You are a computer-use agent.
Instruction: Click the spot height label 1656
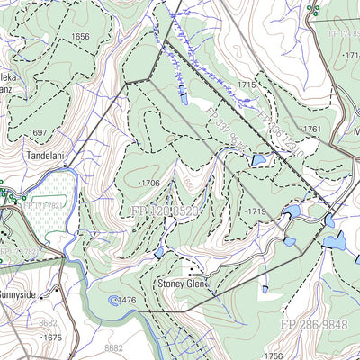[x=80, y=37]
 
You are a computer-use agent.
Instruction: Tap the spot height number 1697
[x=37, y=132]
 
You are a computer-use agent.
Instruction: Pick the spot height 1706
[x=149, y=183]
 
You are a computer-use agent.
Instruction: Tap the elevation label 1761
[x=310, y=130]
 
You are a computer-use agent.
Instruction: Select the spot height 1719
[x=256, y=211]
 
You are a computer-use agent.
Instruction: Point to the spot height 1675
[x=52, y=337]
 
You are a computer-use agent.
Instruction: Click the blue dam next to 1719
[x=291, y=212]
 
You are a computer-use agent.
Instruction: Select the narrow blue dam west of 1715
[x=184, y=93]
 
